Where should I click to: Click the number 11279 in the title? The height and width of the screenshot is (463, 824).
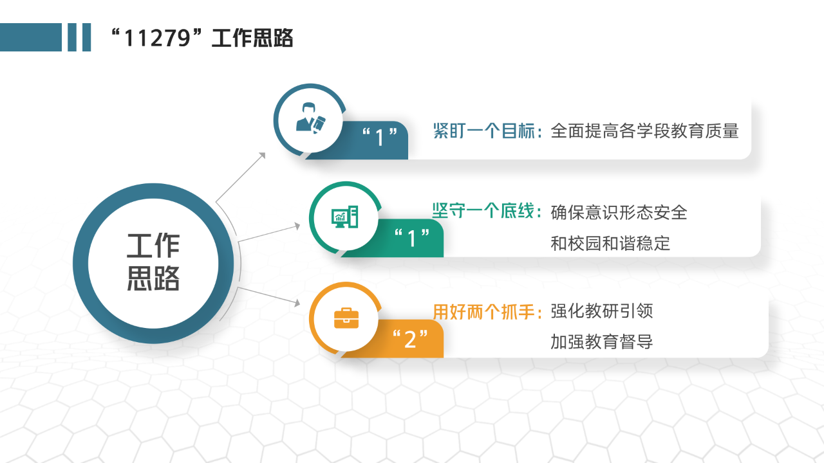tap(157, 38)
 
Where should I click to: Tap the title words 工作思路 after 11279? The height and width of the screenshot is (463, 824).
tap(252, 38)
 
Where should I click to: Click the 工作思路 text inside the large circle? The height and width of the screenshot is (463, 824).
tap(153, 262)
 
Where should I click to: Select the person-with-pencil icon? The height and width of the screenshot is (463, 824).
tap(311, 118)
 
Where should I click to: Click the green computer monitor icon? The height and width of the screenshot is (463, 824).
tap(344, 217)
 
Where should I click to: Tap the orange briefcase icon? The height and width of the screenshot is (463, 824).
tap(346, 318)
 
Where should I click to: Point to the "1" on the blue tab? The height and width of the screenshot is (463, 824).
tap(380, 137)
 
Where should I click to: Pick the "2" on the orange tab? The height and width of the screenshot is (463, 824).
tap(410, 338)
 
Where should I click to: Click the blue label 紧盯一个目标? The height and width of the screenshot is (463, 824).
tap(483, 131)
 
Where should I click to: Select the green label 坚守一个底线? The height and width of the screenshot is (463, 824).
tap(483, 211)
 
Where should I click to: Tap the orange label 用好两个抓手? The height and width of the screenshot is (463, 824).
tap(483, 312)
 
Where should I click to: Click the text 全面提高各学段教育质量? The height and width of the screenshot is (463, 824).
tap(644, 131)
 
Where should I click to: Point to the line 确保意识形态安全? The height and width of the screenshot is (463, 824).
tap(619, 212)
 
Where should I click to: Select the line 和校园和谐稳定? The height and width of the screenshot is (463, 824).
tap(610, 243)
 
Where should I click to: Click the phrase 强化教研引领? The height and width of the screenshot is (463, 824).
tap(601, 311)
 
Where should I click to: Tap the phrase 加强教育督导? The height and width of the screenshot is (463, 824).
tap(601, 341)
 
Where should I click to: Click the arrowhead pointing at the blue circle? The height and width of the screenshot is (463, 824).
tap(263, 156)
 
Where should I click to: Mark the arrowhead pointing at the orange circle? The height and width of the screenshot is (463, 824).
tap(297, 303)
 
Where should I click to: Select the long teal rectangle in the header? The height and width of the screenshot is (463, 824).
tap(31, 37)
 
